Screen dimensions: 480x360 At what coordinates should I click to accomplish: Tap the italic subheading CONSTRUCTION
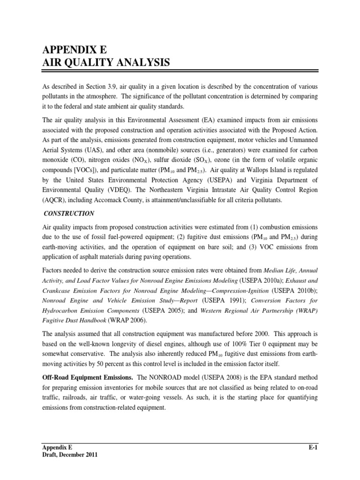pyautogui.click(x=69, y=213)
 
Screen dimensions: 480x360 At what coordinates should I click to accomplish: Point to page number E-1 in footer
pyautogui.click(x=313, y=448)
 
